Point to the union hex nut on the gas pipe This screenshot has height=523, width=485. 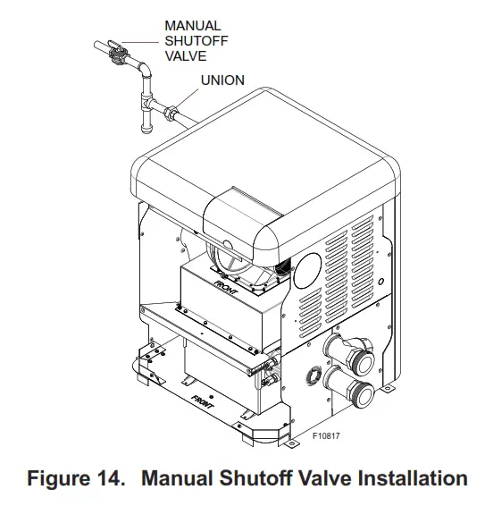pyautogui.click(x=171, y=114)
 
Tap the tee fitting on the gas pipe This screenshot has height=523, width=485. pyautogui.click(x=145, y=110)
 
